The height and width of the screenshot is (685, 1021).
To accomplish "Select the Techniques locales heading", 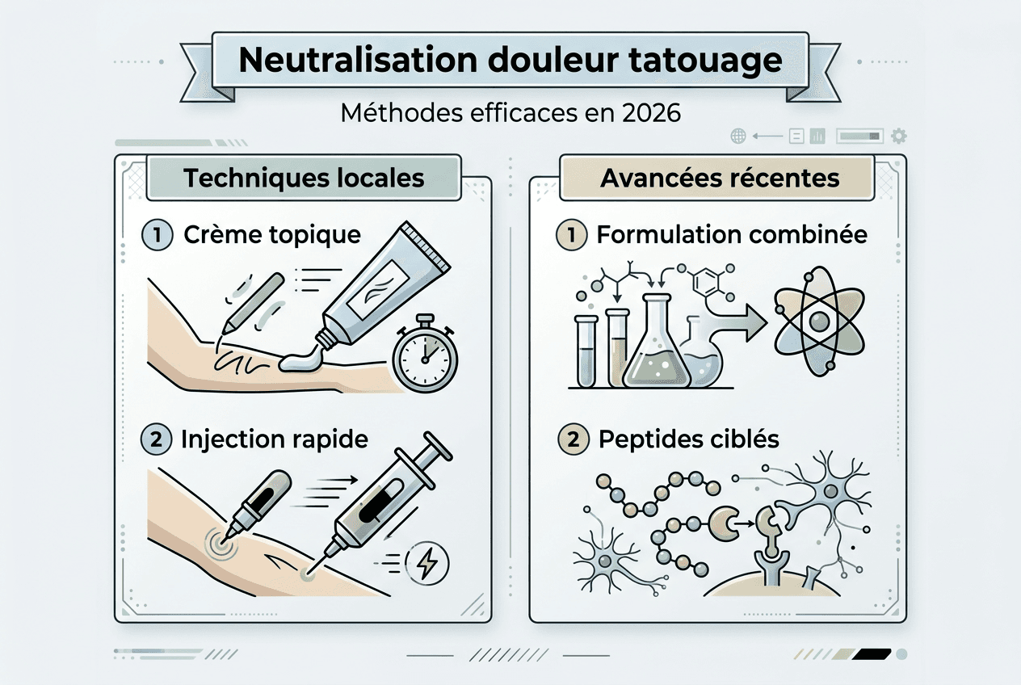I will coord(304,178).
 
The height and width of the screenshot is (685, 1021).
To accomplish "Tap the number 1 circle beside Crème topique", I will coord(157,235).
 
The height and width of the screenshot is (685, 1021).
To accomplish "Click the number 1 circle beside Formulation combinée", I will coord(572,235).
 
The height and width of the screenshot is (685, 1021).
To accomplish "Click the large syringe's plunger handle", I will coord(433,446).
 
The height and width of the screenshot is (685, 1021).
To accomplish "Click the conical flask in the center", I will coord(656,347).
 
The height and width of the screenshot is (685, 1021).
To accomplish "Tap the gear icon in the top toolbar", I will coord(898,136).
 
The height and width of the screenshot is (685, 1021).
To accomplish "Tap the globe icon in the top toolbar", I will coord(737,136).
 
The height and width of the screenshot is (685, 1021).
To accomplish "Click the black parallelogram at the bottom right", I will coord(872,653).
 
